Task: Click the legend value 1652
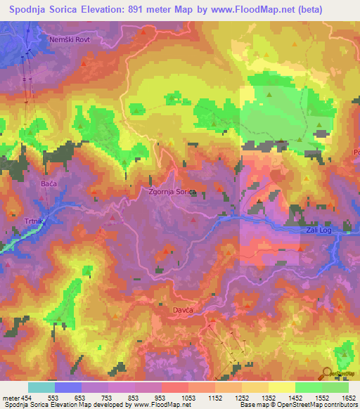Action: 349,397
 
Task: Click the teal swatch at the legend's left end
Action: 41,387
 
